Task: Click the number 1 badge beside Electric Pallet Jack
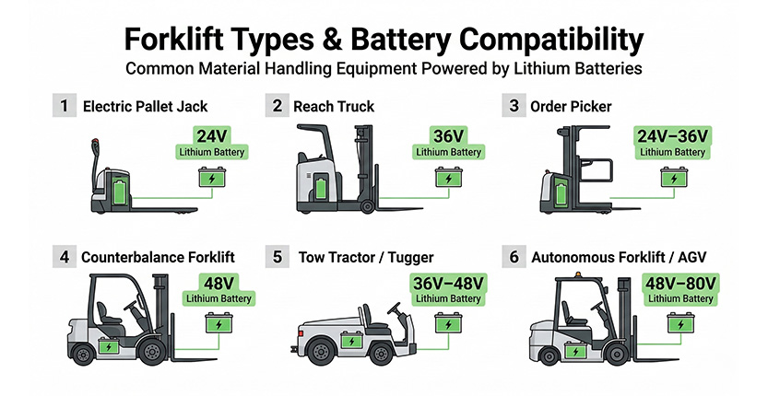(x=64, y=107)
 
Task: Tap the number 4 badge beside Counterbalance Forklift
(x=64, y=259)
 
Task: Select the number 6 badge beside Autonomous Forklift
(x=514, y=259)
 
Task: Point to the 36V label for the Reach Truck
(x=448, y=136)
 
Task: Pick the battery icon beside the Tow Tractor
(x=448, y=325)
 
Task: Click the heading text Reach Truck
(x=334, y=107)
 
